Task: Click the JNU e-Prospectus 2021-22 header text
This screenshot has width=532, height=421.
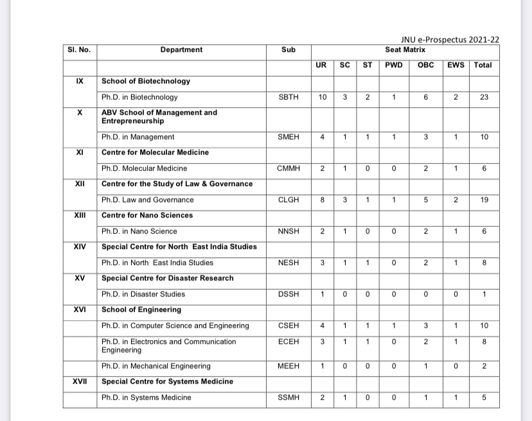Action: tap(449, 39)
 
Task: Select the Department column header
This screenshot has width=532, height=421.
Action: tap(181, 49)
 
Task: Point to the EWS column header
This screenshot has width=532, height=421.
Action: tap(456, 65)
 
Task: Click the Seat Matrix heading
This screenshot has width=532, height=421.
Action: tap(405, 49)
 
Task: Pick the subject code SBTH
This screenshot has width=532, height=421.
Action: tap(288, 98)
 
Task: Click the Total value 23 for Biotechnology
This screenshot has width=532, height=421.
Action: tap(484, 98)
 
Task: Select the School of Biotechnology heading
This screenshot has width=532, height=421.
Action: tap(146, 82)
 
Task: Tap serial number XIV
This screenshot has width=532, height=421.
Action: tap(80, 246)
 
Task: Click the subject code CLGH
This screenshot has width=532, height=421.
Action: tap(288, 200)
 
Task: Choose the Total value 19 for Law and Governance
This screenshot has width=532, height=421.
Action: tap(484, 200)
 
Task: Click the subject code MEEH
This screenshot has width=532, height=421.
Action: tap(288, 366)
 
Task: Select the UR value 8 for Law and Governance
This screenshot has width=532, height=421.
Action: tap(322, 200)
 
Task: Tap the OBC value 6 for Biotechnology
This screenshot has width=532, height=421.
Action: tap(425, 98)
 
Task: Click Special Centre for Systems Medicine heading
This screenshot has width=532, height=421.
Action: tap(167, 382)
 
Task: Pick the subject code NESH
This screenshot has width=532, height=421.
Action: tap(288, 262)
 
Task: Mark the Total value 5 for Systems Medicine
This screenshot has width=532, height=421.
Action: tap(484, 398)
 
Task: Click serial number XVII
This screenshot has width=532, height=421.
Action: tap(80, 382)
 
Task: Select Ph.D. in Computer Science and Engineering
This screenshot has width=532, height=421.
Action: tap(175, 326)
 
